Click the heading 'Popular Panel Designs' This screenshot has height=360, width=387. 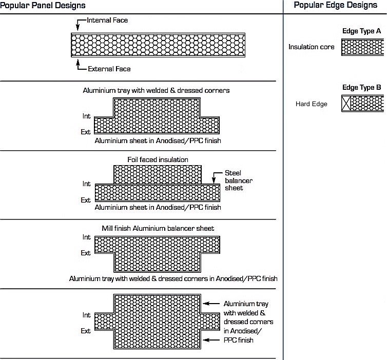[x=43, y=5]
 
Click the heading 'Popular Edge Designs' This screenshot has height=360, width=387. [x=335, y=5]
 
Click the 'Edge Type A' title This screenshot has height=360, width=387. [x=361, y=31]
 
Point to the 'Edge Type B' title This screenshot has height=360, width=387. [x=361, y=87]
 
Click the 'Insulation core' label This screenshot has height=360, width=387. [x=311, y=47]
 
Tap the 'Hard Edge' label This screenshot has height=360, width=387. [x=311, y=104]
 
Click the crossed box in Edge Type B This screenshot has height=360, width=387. [x=347, y=104]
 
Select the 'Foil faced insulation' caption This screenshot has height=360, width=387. [x=158, y=159]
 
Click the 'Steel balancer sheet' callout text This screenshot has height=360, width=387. [x=239, y=181]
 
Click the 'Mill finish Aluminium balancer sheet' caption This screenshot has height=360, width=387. [x=158, y=228]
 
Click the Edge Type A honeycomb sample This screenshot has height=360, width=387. [x=362, y=47]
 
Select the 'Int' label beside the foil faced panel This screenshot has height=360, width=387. [x=86, y=184]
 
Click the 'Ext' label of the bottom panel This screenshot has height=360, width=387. [x=86, y=331]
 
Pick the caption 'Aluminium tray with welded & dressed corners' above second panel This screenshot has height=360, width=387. [x=156, y=90]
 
